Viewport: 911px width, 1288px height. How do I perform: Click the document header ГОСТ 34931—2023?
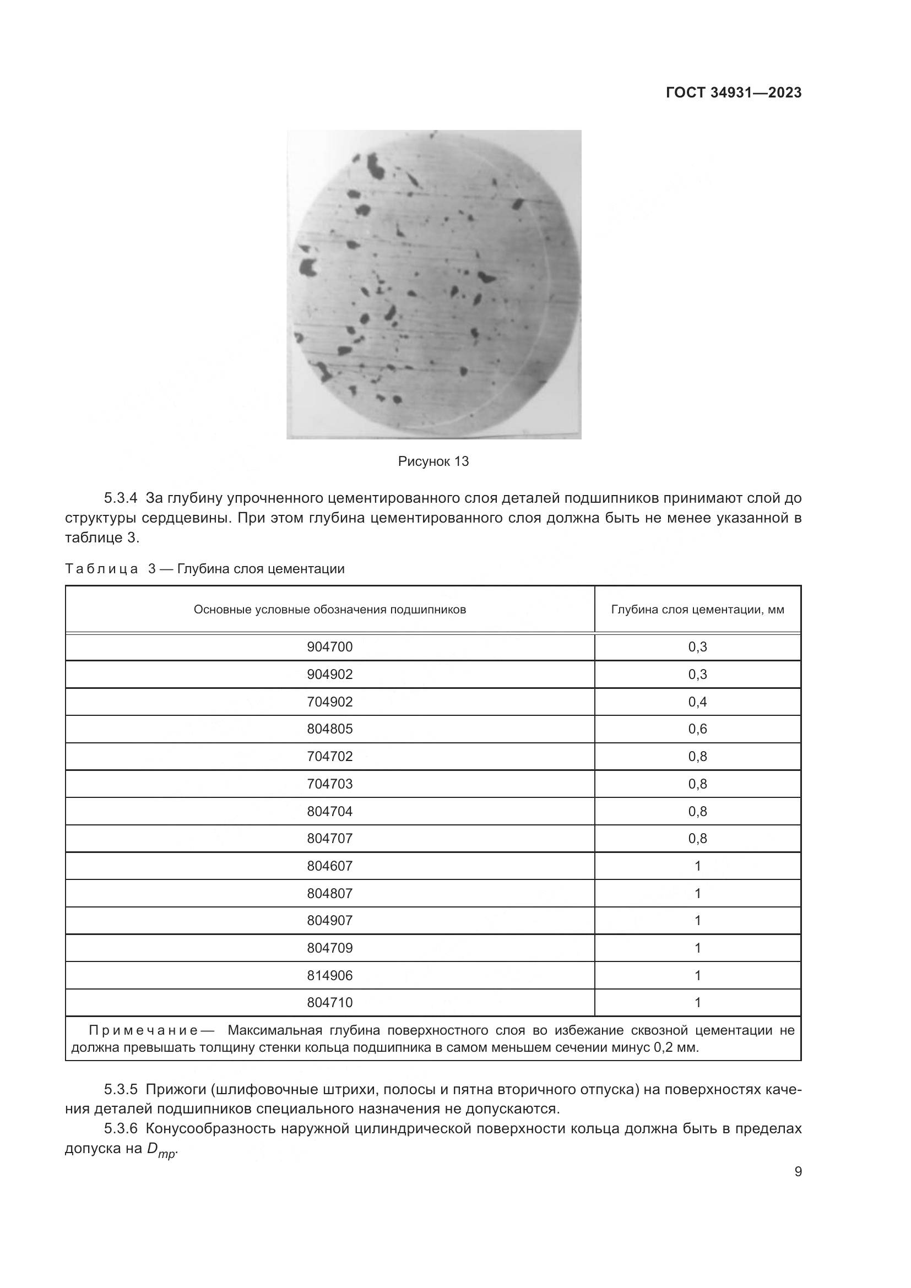click(x=733, y=93)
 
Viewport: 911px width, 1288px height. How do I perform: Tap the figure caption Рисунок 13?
click(x=433, y=461)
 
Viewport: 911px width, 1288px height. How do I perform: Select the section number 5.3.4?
click(x=121, y=498)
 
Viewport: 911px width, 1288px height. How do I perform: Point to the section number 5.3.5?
click(x=121, y=1089)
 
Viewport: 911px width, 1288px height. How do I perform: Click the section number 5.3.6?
click(x=121, y=1128)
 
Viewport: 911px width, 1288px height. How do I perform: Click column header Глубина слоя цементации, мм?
click(x=697, y=610)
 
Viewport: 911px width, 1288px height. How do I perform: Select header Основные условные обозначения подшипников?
click(x=330, y=610)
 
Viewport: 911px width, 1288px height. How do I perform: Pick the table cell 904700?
click(x=330, y=648)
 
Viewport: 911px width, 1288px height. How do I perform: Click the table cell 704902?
click(x=330, y=702)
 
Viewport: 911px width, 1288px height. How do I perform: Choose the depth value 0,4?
click(x=697, y=702)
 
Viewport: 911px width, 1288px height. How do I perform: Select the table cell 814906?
click(x=330, y=976)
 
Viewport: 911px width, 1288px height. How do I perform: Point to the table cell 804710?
click(x=330, y=1002)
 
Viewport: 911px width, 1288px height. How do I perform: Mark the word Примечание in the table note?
click(x=143, y=1030)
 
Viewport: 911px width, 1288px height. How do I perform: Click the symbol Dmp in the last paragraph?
click(x=161, y=1149)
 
